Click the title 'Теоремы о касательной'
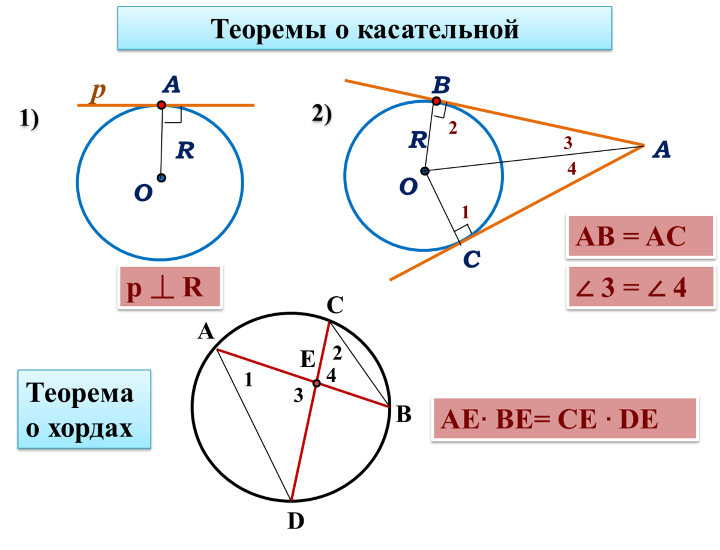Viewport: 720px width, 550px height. (364, 28)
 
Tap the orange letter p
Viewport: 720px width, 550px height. (98, 91)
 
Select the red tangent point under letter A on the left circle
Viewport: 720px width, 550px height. (161, 105)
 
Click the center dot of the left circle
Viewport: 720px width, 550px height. (161, 178)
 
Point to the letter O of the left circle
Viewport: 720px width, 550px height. (143, 193)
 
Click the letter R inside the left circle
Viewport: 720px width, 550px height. (185, 151)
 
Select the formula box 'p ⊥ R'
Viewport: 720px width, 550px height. (170, 287)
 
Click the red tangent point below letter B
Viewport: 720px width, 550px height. (436, 101)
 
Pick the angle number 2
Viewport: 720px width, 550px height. (452, 128)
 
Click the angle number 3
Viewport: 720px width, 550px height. (568, 143)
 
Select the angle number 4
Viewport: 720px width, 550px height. (572, 169)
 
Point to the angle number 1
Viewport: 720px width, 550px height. (465, 212)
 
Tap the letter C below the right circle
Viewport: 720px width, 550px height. (472, 260)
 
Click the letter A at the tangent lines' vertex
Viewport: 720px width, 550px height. (661, 151)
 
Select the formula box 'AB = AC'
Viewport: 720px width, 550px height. (640, 236)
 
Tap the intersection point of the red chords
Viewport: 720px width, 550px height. (316, 383)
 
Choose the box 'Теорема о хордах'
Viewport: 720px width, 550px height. (84, 409)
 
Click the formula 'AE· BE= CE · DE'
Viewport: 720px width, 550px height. (565, 418)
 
